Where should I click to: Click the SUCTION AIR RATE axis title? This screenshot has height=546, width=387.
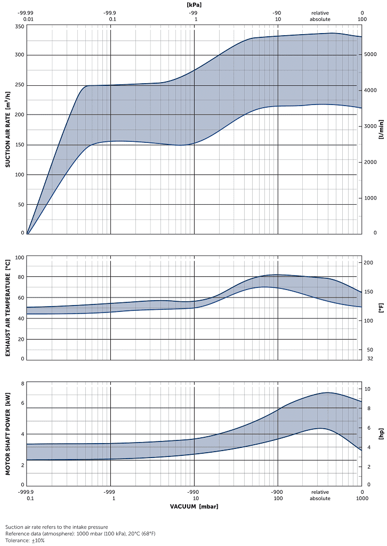pos(8,130)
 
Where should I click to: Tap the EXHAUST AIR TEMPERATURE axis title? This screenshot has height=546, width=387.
pos(8,308)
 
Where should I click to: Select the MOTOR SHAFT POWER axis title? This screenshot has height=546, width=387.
pos(8,435)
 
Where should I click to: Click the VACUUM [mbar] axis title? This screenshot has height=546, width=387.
pos(194,506)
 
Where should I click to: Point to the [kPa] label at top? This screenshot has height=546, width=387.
pos(194,5)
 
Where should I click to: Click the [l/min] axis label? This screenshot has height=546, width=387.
pos(381,130)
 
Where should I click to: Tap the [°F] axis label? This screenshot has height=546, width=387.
pos(381,308)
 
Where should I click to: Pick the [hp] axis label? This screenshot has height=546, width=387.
pos(381,435)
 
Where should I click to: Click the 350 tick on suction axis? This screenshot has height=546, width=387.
pos(19,26)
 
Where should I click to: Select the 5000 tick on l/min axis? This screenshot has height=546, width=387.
pos(370,54)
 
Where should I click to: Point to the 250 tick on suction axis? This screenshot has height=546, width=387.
pos(19,85)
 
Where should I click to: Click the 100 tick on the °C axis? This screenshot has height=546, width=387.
pos(20,258)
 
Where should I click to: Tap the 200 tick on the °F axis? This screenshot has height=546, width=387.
pos(369,263)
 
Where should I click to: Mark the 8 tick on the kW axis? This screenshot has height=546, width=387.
pos(23,384)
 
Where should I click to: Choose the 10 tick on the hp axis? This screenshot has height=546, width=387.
pos(367,389)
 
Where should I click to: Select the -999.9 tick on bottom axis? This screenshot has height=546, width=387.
pos(27,492)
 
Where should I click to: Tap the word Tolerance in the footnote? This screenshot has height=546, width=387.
pos(17,540)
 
